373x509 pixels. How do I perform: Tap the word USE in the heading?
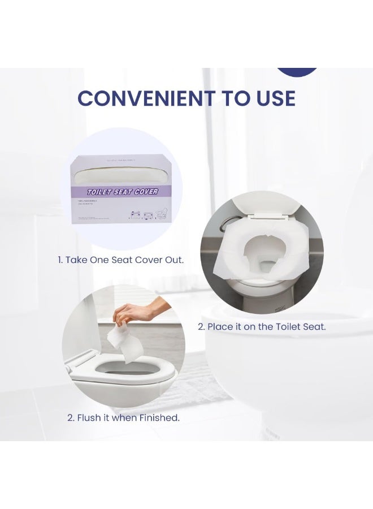click(272, 98)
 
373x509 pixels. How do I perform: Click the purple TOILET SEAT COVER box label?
click(122, 192)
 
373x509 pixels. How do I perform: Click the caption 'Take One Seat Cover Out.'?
click(120, 260)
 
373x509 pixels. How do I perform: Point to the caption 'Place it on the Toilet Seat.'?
click(261, 326)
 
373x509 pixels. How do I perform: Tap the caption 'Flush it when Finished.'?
click(123, 418)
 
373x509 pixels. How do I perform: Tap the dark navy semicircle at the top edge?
click(297, 71)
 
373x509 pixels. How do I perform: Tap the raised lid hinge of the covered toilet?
click(270, 214)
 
